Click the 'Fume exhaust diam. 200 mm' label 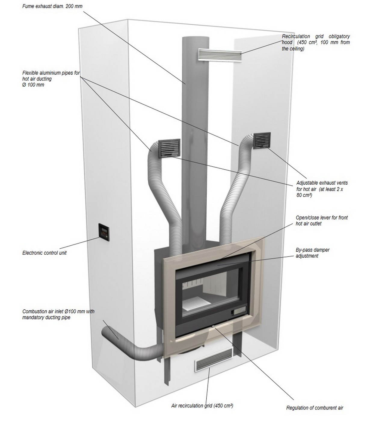[x=52, y=6]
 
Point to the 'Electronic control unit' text [x=45, y=253]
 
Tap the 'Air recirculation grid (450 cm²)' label [x=202, y=406]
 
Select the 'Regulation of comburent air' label [x=315, y=408]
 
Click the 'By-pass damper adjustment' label [x=313, y=253]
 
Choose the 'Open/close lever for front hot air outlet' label [x=322, y=220]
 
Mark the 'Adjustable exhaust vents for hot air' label [x=322, y=189]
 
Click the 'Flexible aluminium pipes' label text [x=51, y=79]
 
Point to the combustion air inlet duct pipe [x=132, y=349]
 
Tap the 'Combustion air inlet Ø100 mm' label [x=58, y=314]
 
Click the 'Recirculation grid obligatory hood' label [x=316, y=42]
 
